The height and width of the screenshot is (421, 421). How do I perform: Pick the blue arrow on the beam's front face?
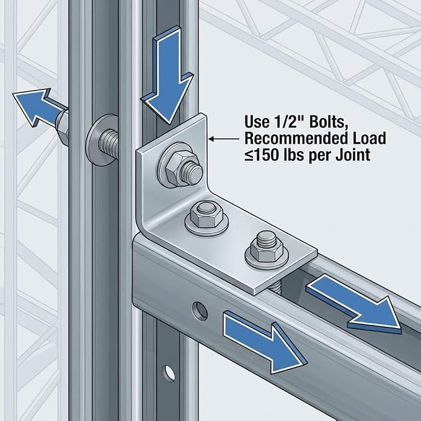click(265, 342)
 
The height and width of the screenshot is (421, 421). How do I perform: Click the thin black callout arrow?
click(224, 139)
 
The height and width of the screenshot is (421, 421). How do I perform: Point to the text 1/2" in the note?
click(289, 122)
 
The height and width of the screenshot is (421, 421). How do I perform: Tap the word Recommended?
click(295, 138)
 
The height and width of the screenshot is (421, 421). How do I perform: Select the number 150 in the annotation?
click(267, 155)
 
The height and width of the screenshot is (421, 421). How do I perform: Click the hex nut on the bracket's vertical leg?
click(176, 169)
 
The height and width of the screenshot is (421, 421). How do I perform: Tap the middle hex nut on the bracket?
click(206, 215)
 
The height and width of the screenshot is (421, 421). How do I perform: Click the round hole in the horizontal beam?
click(200, 311)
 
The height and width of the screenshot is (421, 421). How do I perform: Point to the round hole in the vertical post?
click(169, 373)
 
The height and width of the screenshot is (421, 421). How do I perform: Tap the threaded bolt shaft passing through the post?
click(109, 144)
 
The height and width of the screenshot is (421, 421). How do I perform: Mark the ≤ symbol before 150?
click(249, 156)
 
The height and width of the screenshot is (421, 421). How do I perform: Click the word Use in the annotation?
click(257, 122)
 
